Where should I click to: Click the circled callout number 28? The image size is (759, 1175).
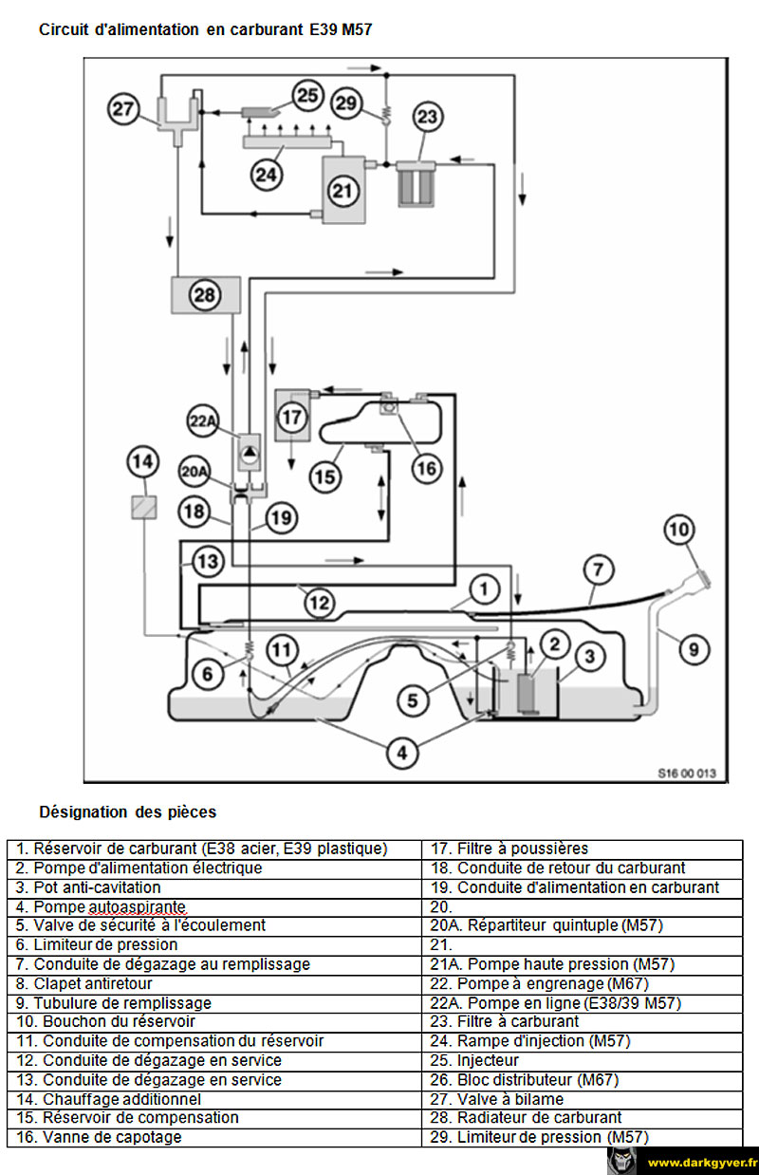[205, 295]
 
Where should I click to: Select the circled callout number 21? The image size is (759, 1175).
[343, 191]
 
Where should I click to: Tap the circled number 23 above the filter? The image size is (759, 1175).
[428, 117]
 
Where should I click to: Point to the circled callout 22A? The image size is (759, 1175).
[203, 420]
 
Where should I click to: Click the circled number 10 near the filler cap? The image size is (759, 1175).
[679, 530]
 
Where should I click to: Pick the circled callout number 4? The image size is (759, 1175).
[401, 754]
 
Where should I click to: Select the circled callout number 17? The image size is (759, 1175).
[292, 418]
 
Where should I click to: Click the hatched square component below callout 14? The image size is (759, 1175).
[143, 507]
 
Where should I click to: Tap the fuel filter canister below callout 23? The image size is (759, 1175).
[416, 183]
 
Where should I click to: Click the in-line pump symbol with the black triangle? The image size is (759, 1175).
[250, 452]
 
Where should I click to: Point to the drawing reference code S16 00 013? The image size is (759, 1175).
[687, 774]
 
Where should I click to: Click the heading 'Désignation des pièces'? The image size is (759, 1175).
[127, 812]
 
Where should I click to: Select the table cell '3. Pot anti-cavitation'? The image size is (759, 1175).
[214, 887]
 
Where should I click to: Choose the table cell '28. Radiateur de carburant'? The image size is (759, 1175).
[583, 1117]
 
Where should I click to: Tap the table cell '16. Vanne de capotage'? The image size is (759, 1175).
[214, 1137]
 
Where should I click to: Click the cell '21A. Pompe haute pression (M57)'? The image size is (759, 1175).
[583, 963]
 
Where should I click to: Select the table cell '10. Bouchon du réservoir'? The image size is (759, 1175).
[214, 1021]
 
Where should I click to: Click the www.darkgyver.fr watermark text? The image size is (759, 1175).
[700, 1163]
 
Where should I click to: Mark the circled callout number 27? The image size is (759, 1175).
[123, 108]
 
